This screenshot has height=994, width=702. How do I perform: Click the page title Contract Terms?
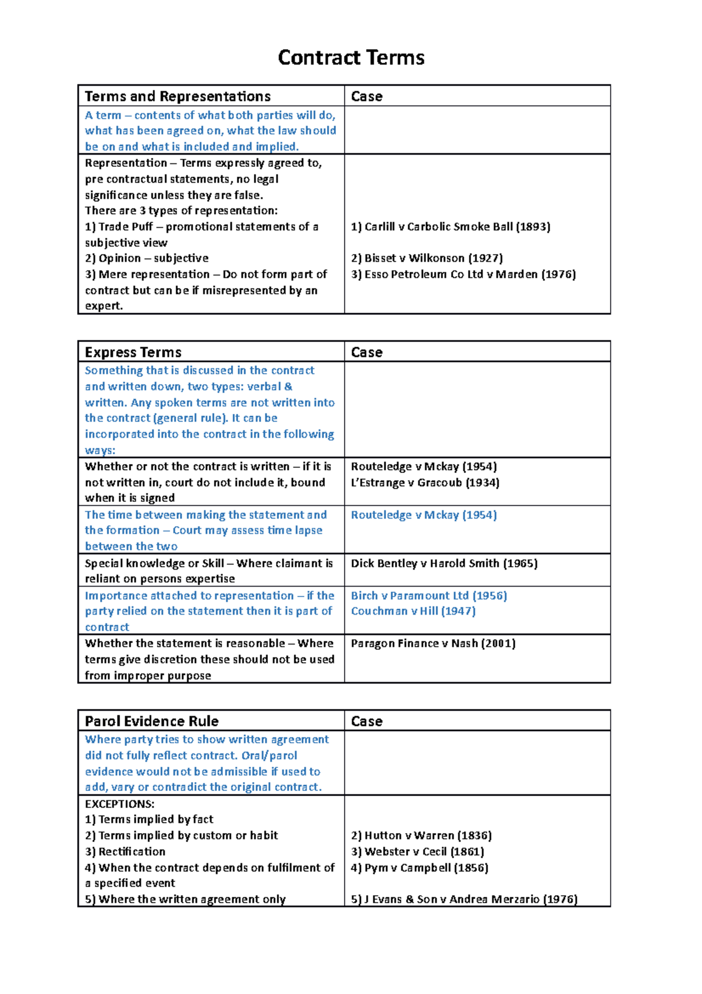[x=351, y=57]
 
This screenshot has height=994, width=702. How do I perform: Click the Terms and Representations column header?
[x=177, y=96]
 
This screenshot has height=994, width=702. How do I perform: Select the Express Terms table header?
[x=133, y=352]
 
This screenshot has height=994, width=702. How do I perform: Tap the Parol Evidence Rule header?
[x=152, y=721]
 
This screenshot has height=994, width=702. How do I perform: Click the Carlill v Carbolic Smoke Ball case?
[x=450, y=227]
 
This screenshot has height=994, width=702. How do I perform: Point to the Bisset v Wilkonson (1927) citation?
[x=426, y=258]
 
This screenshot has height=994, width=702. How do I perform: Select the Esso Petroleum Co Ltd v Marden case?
[x=463, y=274]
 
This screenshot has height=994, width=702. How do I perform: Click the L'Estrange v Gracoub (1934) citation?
[x=425, y=482]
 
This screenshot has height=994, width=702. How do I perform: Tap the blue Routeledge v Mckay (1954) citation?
[x=424, y=515]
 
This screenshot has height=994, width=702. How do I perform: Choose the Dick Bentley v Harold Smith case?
[x=444, y=563]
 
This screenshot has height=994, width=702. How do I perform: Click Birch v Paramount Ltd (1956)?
[x=429, y=595]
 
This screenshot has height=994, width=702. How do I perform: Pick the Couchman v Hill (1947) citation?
[x=413, y=611]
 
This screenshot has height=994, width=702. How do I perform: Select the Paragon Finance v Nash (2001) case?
[x=433, y=643]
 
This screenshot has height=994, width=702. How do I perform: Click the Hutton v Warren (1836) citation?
[x=421, y=835]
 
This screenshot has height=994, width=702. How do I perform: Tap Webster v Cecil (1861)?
[x=417, y=851]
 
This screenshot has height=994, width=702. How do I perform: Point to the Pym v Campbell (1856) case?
[x=419, y=868]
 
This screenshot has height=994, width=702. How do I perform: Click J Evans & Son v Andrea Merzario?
[x=464, y=899]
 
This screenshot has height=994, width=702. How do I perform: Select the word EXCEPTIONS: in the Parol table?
[x=119, y=804]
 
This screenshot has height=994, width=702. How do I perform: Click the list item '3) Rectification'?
[x=125, y=851]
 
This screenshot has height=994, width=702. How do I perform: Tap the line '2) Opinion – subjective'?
[x=146, y=258]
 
